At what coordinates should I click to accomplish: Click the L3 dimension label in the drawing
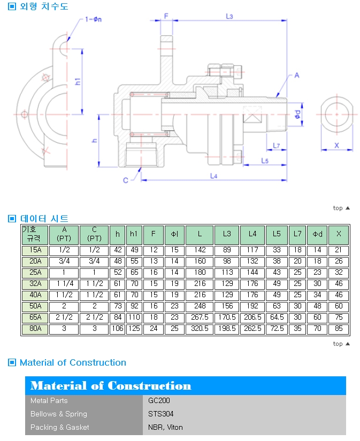point(229,17)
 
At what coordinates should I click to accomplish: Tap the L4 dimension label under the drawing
point(213,176)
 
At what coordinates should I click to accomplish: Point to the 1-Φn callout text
point(94,19)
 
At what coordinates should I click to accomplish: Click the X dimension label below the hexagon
point(336,145)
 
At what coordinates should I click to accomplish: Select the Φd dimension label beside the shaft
point(297,114)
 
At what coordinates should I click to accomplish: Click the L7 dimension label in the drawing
point(277,145)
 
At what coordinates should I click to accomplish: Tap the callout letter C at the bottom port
point(126,180)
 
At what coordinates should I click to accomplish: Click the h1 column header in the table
point(134,234)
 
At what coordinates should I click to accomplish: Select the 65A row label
point(35,317)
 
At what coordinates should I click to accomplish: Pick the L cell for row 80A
point(200,329)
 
